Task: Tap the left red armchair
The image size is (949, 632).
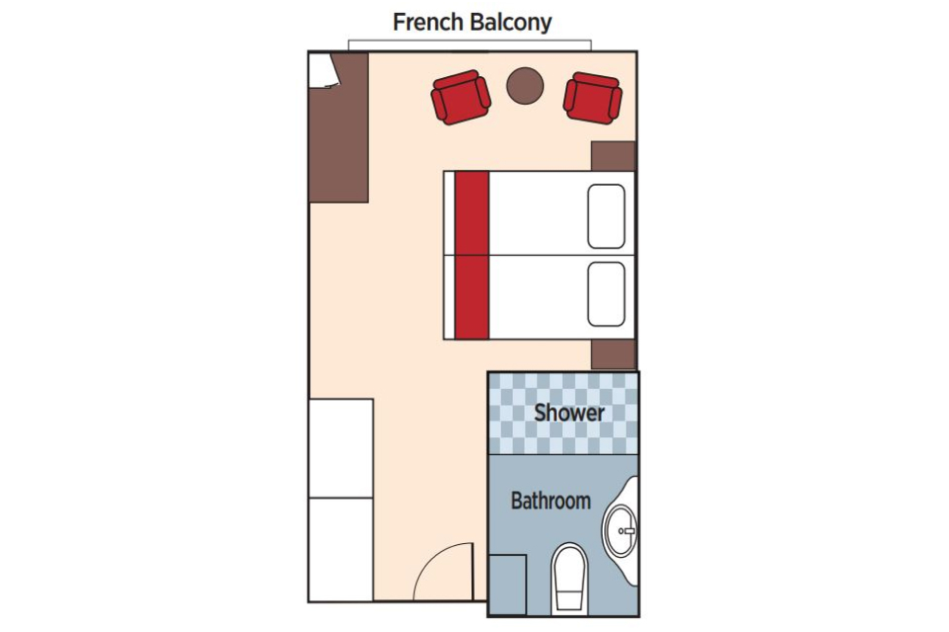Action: (461, 98)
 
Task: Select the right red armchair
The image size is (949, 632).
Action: (592, 99)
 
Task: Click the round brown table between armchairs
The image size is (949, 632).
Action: (525, 85)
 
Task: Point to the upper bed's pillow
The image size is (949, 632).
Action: (606, 215)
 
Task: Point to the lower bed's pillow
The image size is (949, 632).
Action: (606, 293)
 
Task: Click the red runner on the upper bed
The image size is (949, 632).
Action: (472, 213)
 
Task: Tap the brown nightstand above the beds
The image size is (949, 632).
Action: (613, 156)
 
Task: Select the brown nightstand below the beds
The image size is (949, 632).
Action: (613, 355)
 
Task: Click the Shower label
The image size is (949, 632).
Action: (569, 413)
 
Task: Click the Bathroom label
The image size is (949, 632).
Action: (551, 501)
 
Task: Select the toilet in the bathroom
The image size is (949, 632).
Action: (569, 577)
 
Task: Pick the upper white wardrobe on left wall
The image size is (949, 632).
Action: (341, 447)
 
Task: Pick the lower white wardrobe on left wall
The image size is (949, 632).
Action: (341, 549)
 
